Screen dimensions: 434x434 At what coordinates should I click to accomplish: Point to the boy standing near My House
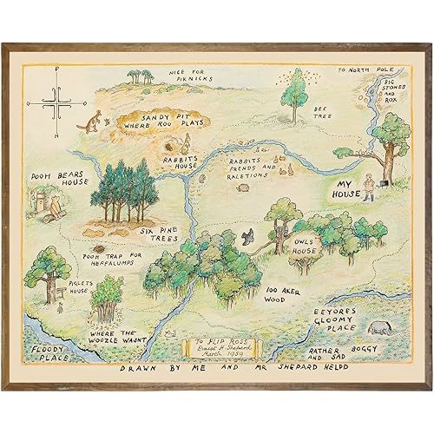[368, 187]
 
